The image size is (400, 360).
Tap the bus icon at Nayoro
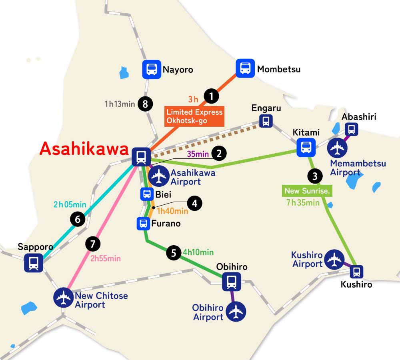point(152,70)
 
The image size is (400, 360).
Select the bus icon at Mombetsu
point(245,68)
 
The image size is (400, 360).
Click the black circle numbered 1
point(211,96)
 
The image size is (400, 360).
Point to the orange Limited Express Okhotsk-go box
point(194,116)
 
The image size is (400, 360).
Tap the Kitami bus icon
point(306,147)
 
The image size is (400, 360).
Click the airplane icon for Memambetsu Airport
point(337,148)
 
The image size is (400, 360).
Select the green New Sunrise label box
point(307,191)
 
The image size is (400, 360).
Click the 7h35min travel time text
point(303,202)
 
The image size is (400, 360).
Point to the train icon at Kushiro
point(356,272)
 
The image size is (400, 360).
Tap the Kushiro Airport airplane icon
point(334,260)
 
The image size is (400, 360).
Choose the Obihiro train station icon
point(231,282)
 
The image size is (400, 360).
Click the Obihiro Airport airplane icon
point(236,311)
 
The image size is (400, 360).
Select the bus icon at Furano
point(143,224)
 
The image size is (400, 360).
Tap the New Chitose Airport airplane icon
point(64,297)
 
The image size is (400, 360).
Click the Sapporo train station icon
point(34,263)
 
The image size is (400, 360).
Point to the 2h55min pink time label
point(105,258)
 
